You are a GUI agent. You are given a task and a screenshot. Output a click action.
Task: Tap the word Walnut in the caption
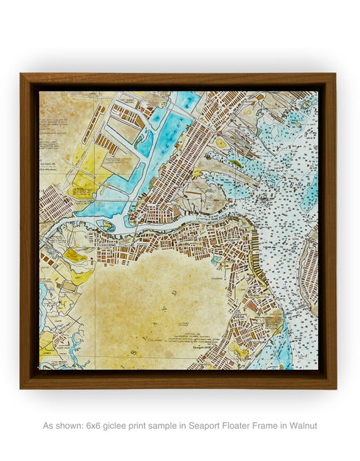303,425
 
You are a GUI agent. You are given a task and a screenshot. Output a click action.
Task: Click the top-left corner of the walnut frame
22,75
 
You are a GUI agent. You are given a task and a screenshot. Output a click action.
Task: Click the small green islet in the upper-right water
234,163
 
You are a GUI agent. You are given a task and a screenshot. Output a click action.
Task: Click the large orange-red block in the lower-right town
252,305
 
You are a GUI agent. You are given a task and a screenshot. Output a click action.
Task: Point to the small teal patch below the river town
215,259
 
